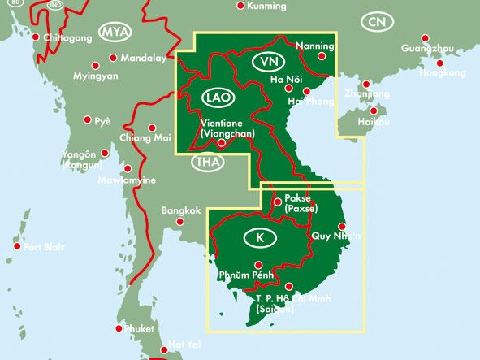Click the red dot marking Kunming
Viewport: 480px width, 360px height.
click(x=240, y=6)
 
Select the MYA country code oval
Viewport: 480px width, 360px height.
click(x=115, y=32)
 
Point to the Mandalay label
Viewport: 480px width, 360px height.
click(x=143, y=59)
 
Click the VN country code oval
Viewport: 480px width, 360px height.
click(x=268, y=62)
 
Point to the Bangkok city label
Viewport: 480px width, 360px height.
click(x=181, y=210)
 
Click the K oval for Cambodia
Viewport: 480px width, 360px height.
click(x=259, y=238)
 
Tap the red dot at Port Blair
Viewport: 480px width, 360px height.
click(x=17, y=246)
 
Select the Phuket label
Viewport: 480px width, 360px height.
click(x=140, y=329)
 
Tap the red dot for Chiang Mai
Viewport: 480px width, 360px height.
click(x=153, y=127)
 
